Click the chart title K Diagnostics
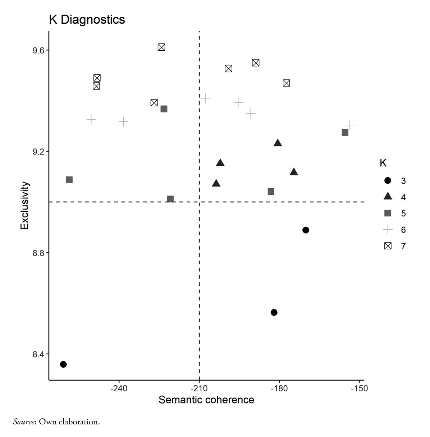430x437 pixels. click(x=87, y=19)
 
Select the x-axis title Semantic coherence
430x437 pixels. click(x=206, y=400)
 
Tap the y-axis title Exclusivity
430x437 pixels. click(x=24, y=205)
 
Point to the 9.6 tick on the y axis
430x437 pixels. click(x=38, y=50)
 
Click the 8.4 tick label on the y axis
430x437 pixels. click(x=38, y=354)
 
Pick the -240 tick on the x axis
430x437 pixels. click(x=119, y=388)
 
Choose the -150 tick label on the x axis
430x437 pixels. click(x=360, y=388)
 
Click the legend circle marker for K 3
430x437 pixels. click(x=388, y=180)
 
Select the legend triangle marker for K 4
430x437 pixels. click(x=388, y=197)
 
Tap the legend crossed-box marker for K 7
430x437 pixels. click(x=388, y=246)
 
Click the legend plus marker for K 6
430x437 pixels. click(x=388, y=229)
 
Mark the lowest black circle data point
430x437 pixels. click(x=63, y=364)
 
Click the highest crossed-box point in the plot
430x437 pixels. click(x=161, y=47)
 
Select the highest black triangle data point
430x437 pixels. click(x=278, y=143)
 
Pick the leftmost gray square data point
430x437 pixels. click(x=69, y=180)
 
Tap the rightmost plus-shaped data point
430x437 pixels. click(x=349, y=125)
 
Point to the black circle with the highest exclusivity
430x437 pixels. click(x=306, y=230)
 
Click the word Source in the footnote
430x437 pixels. click(x=23, y=422)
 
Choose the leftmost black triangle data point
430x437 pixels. click(x=216, y=183)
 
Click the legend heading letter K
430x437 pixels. click(x=383, y=163)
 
